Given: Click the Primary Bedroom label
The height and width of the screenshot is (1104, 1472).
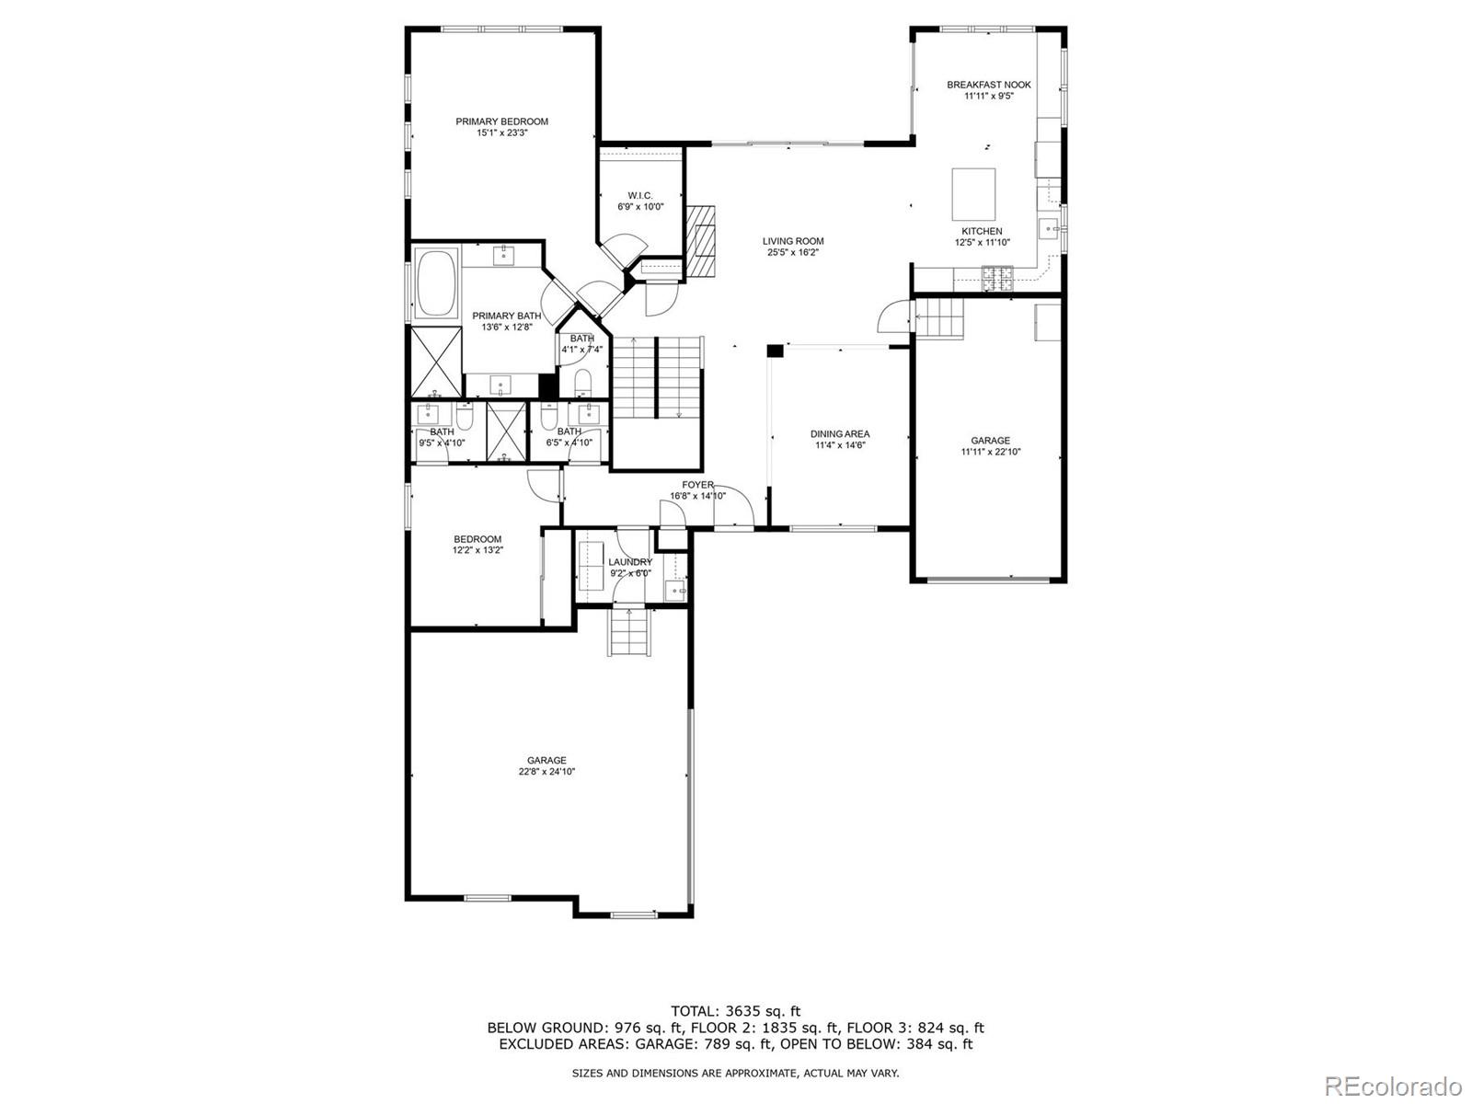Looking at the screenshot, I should [501, 121].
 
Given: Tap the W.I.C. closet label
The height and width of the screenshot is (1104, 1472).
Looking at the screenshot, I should [639, 195].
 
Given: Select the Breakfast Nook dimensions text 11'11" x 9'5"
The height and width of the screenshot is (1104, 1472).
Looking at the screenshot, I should [988, 96].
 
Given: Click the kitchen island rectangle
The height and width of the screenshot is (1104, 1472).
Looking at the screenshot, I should [973, 190].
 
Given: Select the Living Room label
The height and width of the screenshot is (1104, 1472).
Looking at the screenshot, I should [792, 241].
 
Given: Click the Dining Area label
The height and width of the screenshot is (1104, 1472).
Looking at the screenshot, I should [839, 434].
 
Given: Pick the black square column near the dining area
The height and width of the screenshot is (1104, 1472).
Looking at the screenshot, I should [775, 351].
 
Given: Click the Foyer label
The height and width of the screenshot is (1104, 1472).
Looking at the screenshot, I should [697, 485].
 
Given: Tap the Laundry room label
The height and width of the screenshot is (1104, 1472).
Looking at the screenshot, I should [630, 562].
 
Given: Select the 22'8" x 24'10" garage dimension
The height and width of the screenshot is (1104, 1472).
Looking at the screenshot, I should [546, 772].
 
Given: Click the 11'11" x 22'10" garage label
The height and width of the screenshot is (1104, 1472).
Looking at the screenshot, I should [990, 452].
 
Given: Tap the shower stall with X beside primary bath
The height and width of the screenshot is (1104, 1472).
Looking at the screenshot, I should [435, 361].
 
